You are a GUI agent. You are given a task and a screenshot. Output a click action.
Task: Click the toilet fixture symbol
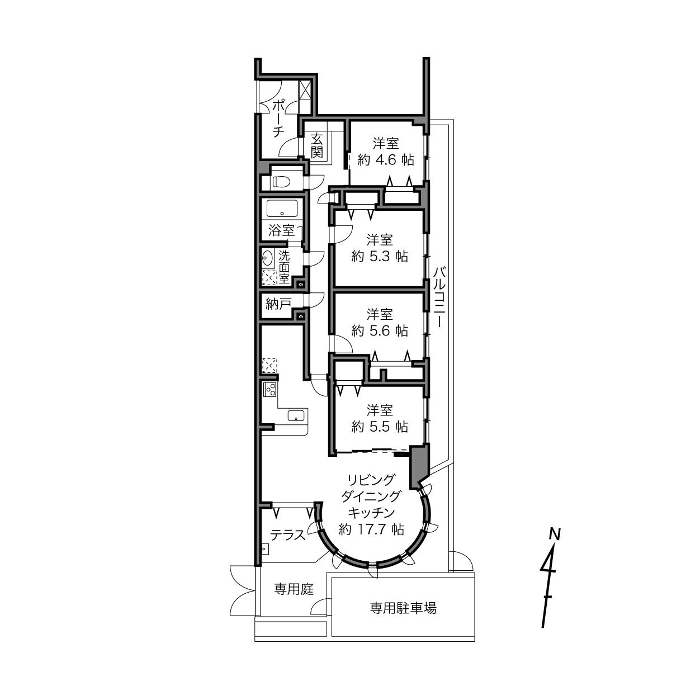point(281,181)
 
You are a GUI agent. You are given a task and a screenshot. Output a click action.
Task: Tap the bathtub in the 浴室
point(282,208)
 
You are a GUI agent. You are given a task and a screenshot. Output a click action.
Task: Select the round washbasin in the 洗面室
point(268,258)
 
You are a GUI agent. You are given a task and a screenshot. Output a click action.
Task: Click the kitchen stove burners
point(270,390)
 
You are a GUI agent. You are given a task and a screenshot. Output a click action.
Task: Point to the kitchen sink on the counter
point(296,415)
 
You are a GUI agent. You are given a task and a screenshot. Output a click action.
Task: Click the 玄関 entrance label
point(317,146)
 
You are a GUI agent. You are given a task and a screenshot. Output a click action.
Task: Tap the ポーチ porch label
point(278,118)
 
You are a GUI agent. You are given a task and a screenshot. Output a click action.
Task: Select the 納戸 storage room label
point(278,304)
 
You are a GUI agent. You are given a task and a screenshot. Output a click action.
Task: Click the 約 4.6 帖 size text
point(386,160)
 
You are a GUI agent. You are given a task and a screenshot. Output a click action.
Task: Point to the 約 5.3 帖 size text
point(380,257)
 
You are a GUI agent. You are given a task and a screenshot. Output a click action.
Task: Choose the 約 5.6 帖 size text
point(380,330)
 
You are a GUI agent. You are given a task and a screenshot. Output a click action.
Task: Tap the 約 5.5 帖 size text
point(380,427)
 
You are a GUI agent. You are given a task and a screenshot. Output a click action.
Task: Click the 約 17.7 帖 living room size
point(371,529)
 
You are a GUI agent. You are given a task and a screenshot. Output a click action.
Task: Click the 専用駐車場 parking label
point(403,608)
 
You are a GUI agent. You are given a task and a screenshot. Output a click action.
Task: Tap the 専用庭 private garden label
point(294,589)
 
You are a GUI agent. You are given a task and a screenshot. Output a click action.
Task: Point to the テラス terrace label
point(288,535)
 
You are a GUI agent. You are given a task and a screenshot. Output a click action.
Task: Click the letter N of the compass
point(555,534)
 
